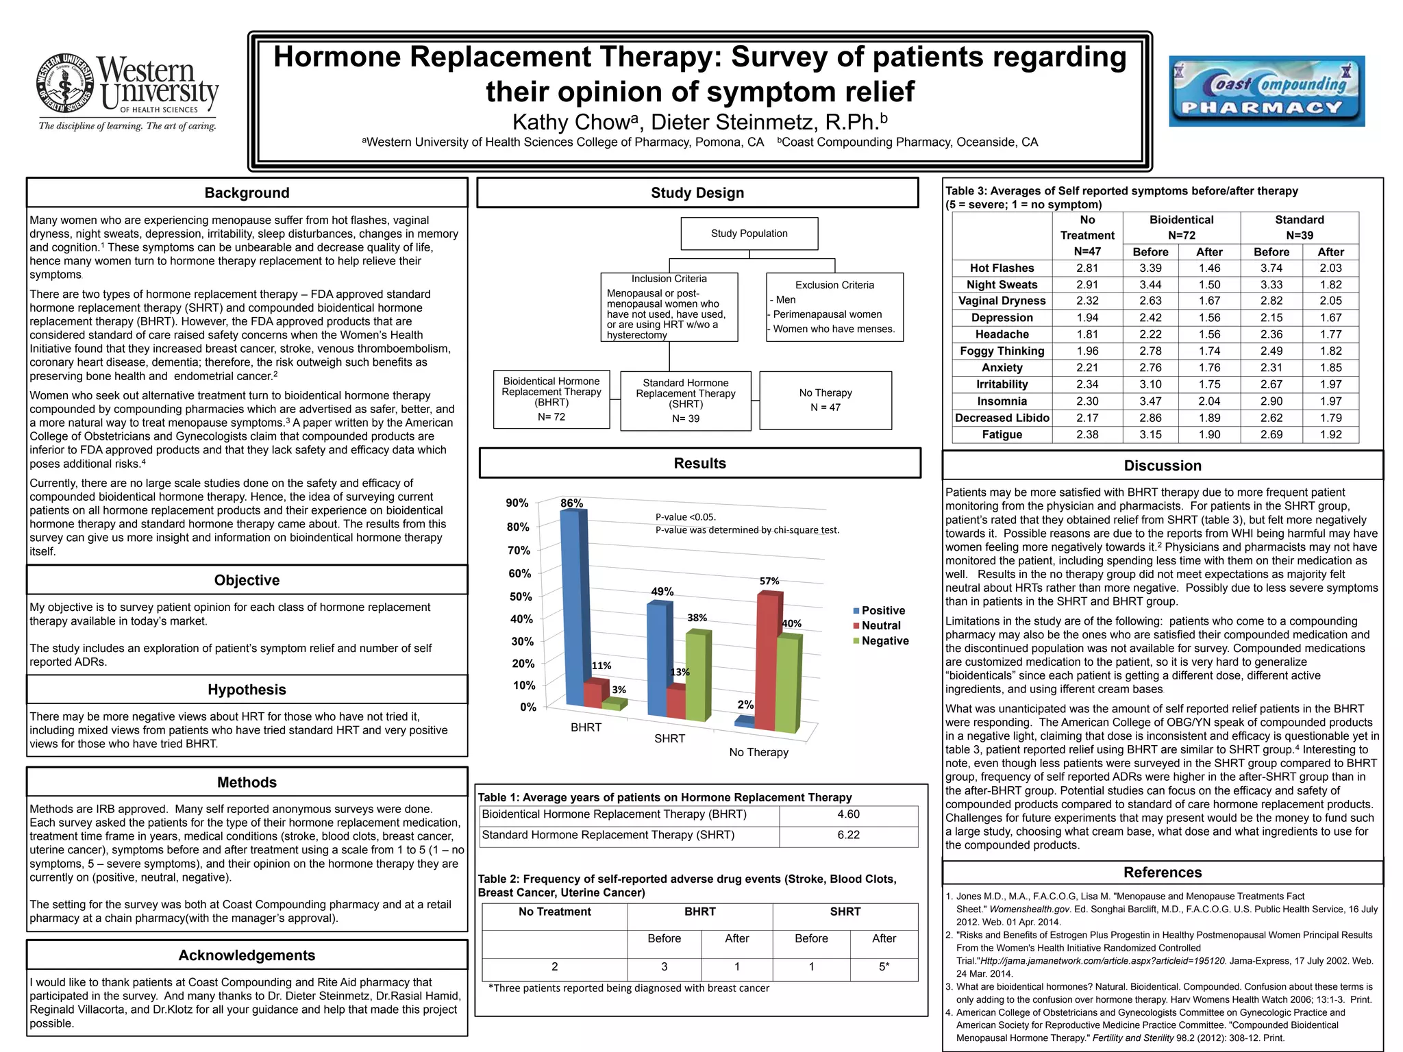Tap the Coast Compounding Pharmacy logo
point(1266,91)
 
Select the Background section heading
point(247,193)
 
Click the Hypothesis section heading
point(247,690)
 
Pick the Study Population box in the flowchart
point(749,234)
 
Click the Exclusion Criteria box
point(834,307)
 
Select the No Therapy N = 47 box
point(825,400)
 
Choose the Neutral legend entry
point(880,625)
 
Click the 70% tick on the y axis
point(518,551)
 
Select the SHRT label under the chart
point(669,738)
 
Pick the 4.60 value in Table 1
point(848,814)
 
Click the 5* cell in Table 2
point(884,966)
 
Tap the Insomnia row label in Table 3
point(1002,401)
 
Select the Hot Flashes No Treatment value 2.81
point(1087,268)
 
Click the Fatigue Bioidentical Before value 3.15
point(1150,434)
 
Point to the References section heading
point(1163,873)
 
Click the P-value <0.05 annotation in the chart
point(686,517)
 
